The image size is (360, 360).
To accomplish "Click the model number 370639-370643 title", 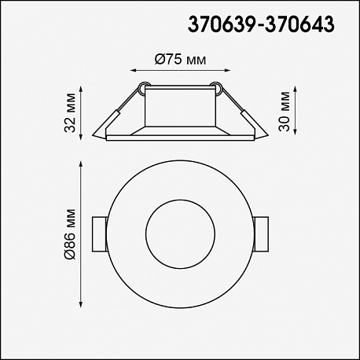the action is [261, 24].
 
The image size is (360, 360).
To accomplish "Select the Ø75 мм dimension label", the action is [180, 60].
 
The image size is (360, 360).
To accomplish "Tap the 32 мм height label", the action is [70, 112].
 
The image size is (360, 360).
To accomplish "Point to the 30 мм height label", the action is [285, 112].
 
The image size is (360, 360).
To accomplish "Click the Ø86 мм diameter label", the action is [70, 234].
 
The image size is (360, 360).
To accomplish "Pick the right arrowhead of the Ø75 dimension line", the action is [227, 70].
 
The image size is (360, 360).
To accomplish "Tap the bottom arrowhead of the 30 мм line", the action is [295, 131].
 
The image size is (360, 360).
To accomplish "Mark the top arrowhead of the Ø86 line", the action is [81, 165].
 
